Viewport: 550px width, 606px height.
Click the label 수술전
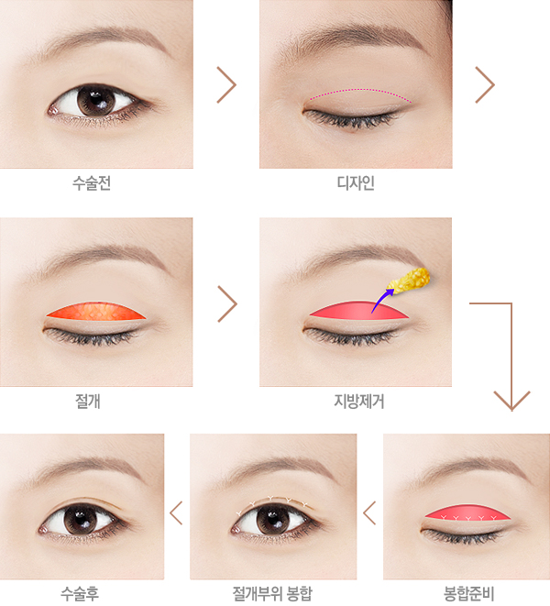click(92, 182)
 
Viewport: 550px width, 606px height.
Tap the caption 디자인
click(356, 182)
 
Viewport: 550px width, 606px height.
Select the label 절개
click(88, 402)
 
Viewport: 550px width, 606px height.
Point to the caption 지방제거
click(359, 402)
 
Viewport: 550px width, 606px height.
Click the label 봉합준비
click(468, 593)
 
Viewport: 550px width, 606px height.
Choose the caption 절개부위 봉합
click(272, 593)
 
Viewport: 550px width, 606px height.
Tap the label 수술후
click(80, 593)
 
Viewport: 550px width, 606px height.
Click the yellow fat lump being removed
click(409, 279)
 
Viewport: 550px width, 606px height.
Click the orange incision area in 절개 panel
click(96, 311)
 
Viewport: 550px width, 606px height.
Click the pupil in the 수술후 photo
click(82, 519)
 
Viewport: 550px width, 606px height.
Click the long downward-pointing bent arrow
click(511, 347)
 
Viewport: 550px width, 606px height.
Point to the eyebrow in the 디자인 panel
click(347, 38)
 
